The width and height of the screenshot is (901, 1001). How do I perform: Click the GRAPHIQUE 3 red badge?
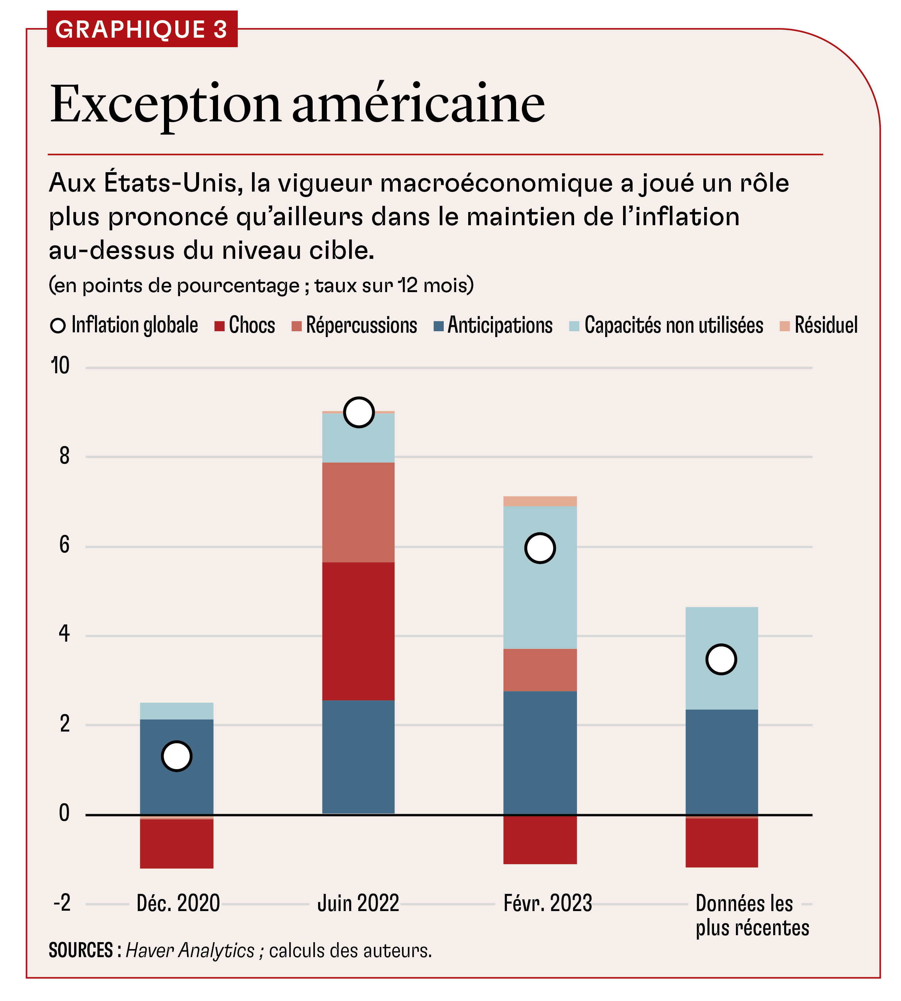142,29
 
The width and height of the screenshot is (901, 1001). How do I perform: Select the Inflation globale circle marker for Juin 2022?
358,412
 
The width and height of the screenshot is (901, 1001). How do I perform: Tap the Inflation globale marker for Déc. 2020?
177,756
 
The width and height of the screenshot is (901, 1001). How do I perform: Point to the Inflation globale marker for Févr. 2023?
539,548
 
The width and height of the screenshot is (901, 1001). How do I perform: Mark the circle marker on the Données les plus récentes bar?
721,659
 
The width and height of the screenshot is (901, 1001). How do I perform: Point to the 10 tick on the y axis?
60,366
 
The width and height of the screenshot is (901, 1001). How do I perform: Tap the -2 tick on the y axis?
62,903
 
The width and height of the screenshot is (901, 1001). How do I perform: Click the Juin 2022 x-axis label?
358,903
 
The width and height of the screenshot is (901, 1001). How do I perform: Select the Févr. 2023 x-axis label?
547,903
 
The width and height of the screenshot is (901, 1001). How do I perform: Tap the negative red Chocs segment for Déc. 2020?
177,843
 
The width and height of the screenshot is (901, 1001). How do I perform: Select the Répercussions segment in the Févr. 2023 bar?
539,670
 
